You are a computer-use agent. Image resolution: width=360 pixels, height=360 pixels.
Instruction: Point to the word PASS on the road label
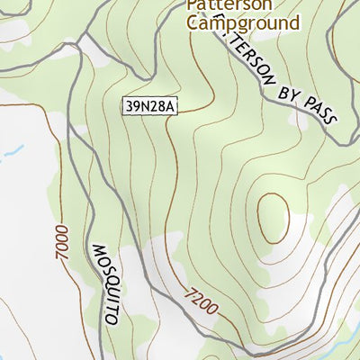coord(321,112)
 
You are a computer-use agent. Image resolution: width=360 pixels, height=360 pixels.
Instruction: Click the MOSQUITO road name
coord(106,283)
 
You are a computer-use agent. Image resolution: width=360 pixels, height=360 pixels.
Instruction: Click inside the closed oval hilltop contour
coord(273,217)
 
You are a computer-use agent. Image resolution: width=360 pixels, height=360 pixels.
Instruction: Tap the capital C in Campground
coord(193,22)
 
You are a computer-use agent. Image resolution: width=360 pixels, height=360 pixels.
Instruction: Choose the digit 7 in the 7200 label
coord(190,292)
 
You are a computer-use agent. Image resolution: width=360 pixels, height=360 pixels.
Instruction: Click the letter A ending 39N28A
coord(172,107)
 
